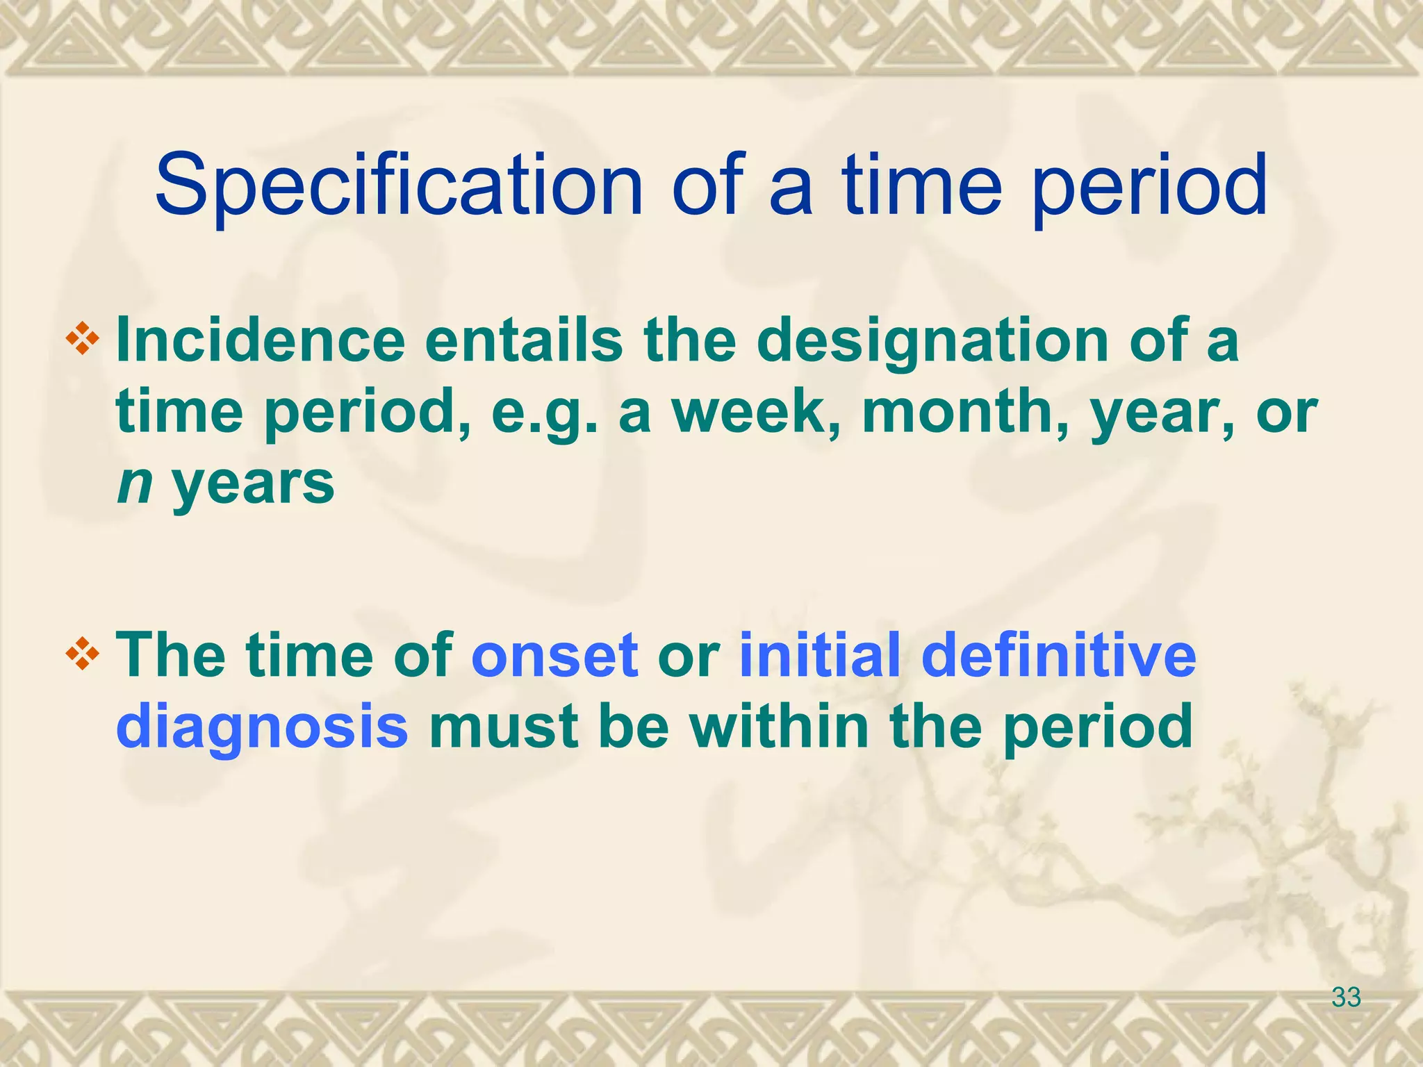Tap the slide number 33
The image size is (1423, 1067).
click(1346, 998)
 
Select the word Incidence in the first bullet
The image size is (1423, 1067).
click(261, 340)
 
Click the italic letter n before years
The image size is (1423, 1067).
click(134, 484)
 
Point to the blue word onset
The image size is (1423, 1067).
click(554, 655)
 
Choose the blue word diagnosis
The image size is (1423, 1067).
click(262, 727)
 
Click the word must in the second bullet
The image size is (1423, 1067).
click(504, 727)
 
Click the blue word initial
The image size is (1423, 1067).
click(820, 655)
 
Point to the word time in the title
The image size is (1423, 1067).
click(923, 186)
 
